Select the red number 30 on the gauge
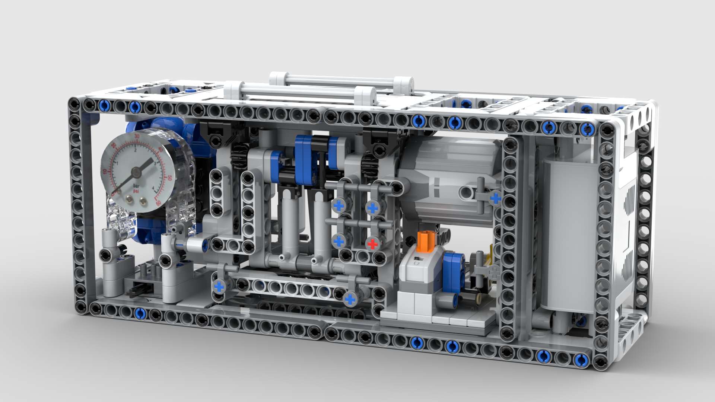[137, 137]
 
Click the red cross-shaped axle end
[372, 244]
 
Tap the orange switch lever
[424, 241]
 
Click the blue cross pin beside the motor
[495, 198]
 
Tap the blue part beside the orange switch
[452, 270]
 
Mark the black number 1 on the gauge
[118, 163]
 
